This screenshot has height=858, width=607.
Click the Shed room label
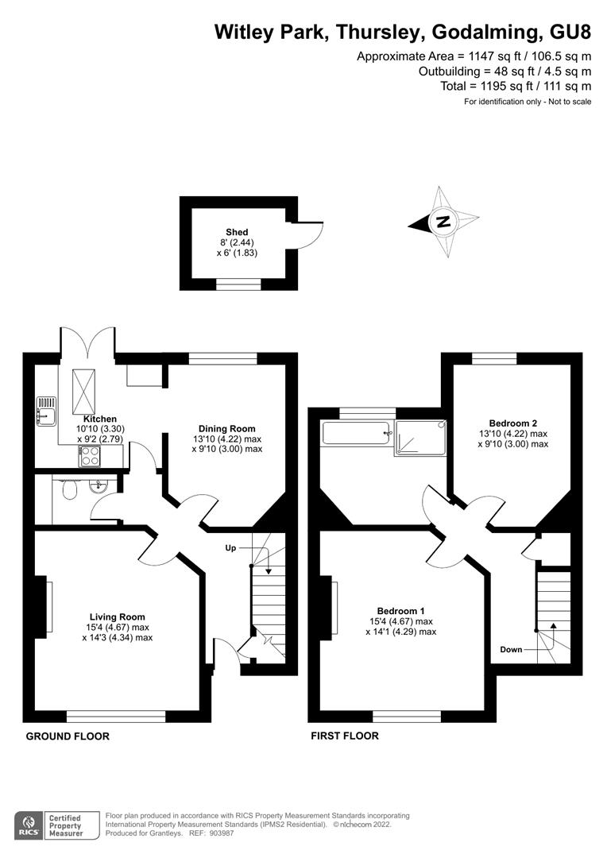237,232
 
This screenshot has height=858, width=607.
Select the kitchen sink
46,412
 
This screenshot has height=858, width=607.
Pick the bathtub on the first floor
358,433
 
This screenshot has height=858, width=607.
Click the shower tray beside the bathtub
420,437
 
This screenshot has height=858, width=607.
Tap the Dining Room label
226,428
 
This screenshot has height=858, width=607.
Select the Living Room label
117,617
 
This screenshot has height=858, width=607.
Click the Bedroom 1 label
400,611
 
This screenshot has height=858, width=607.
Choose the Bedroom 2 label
513,423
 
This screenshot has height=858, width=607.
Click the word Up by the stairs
230,547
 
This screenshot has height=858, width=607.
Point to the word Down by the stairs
511,650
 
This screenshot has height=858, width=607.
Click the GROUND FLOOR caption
68,736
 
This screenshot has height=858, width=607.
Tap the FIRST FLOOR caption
345,736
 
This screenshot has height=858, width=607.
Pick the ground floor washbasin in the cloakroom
99,485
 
